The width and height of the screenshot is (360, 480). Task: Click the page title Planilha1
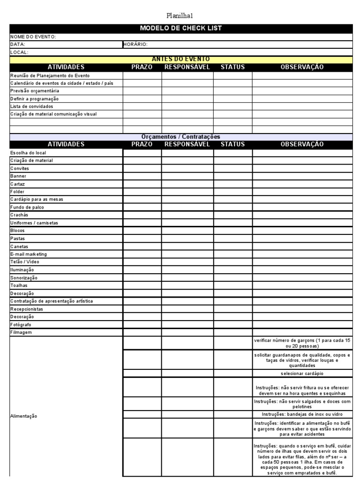(180, 15)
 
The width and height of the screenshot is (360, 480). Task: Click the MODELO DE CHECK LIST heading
(180, 29)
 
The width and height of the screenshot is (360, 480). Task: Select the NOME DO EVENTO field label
(33, 37)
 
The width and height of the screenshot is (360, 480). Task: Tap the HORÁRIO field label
(136, 45)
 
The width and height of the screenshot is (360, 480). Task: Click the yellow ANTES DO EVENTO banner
(180, 59)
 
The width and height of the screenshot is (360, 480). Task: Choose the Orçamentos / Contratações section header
(180, 136)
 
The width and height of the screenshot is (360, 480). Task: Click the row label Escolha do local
(28, 153)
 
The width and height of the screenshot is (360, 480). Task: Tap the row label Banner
(18, 176)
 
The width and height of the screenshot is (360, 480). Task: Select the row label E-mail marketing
(29, 254)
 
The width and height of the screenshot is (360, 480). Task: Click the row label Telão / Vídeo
(25, 262)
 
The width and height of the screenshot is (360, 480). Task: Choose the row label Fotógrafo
(22, 324)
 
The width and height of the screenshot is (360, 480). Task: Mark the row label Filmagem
(21, 332)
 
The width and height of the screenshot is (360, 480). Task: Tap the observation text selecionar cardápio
(302, 374)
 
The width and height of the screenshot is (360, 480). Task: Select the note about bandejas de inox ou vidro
(302, 414)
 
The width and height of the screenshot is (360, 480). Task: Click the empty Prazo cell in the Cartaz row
(142, 184)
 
